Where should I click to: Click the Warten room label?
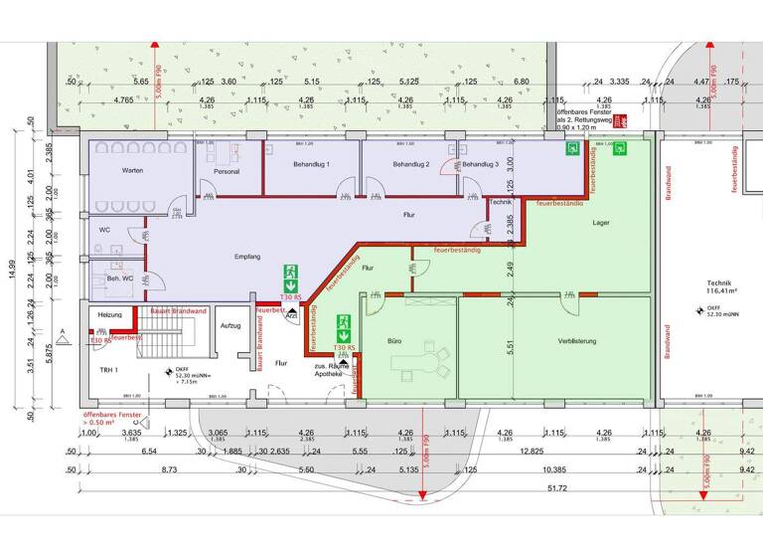(134, 172)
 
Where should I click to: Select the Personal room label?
(228, 172)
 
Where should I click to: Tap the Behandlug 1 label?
(311, 164)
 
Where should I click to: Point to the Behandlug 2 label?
(410, 164)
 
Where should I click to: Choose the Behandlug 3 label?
(482, 164)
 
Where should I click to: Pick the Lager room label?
(600, 224)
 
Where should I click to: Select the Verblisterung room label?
(571, 341)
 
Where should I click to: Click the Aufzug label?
(230, 325)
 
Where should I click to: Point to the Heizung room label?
(109, 315)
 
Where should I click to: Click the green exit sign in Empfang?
(291, 272)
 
